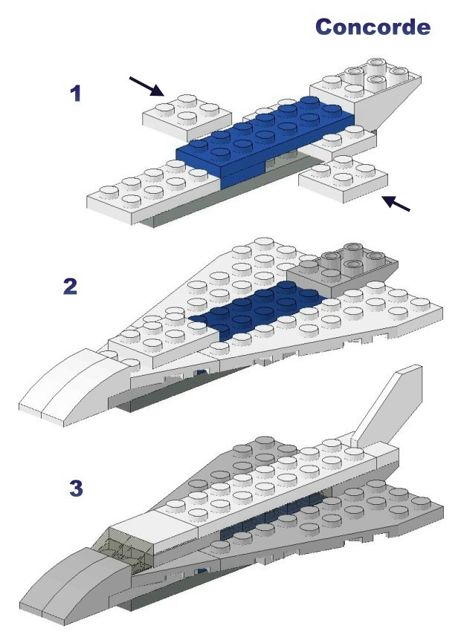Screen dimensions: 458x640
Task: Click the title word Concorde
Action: click(372, 27)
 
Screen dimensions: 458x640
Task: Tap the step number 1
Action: click(76, 94)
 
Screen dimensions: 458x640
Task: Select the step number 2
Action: click(71, 286)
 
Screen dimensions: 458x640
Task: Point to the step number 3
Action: click(76, 488)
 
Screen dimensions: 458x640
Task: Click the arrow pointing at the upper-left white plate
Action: click(146, 86)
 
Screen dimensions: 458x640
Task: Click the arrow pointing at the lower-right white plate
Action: click(396, 203)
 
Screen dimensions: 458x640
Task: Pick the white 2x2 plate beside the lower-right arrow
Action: click(343, 178)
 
